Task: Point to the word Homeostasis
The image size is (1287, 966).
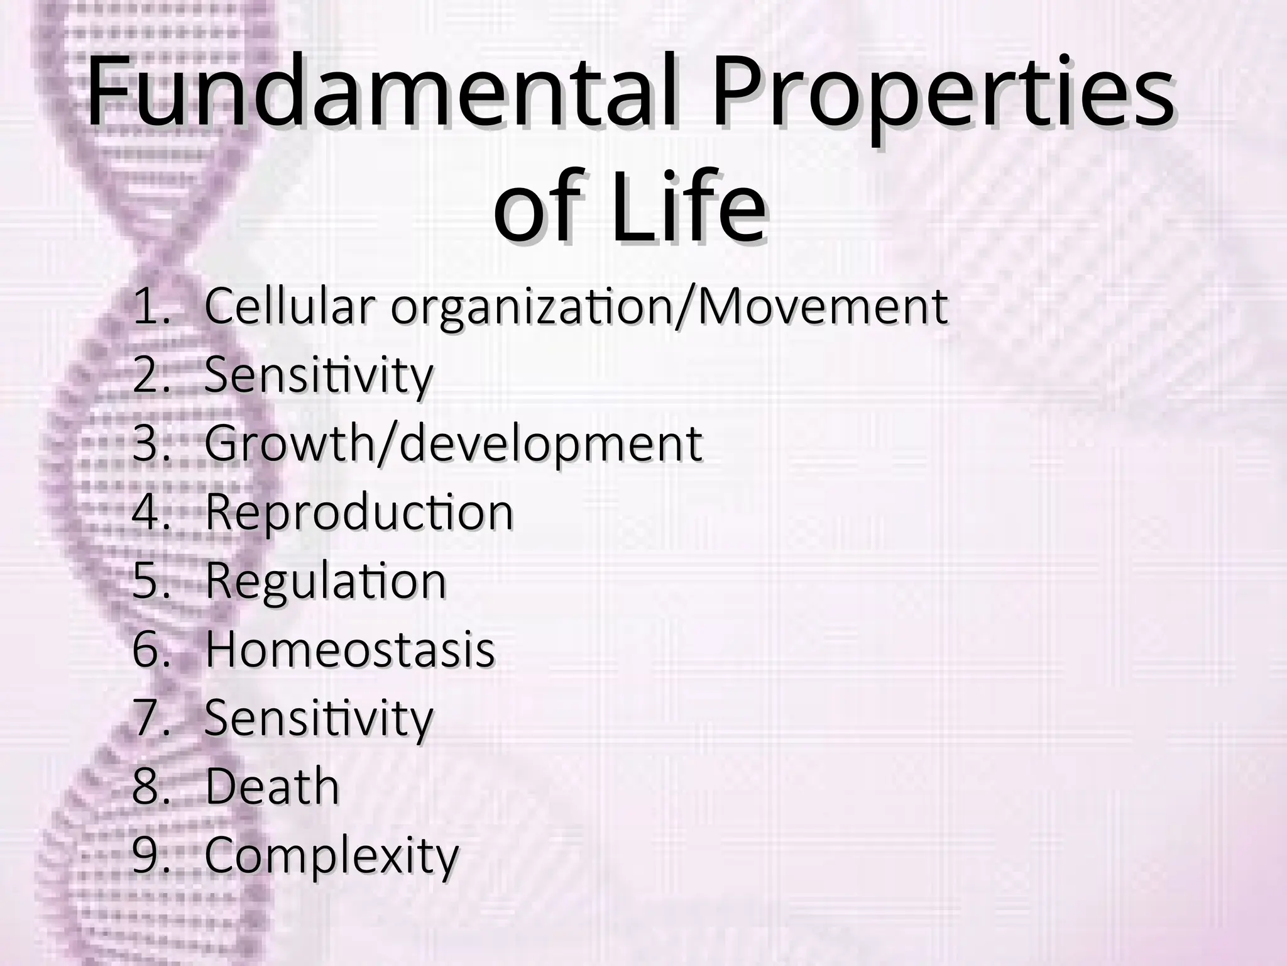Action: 350,650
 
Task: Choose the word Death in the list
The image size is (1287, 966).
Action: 272,786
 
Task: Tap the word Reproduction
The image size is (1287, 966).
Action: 359,513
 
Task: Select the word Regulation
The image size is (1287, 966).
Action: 326,580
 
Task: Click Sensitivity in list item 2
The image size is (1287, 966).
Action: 319,375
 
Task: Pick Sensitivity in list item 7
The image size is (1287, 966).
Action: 319,718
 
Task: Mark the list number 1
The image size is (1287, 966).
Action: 150,307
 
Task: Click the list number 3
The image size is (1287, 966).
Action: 150,443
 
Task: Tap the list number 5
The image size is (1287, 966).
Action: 150,580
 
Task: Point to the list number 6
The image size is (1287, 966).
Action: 150,650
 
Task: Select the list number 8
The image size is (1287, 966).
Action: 150,786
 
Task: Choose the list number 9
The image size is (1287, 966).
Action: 150,855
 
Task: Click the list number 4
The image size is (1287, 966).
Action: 150,513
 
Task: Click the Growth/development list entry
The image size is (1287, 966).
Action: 453,444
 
